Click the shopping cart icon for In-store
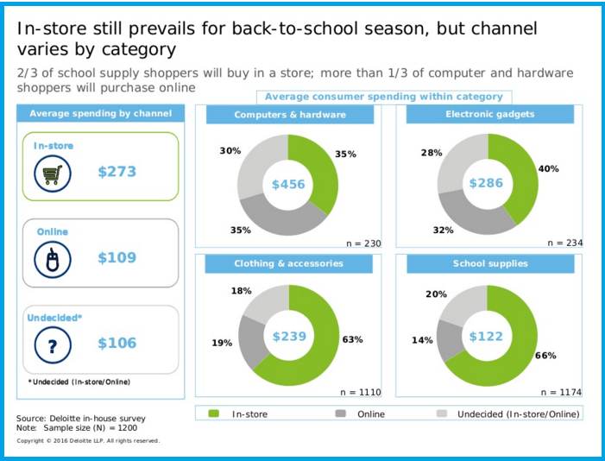pyautogui.click(x=51, y=174)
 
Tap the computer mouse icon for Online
pyautogui.click(x=51, y=259)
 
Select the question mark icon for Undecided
pyautogui.click(x=51, y=344)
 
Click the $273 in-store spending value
pyautogui.click(x=117, y=172)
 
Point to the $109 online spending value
pyautogui.click(x=117, y=257)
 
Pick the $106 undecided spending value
pyautogui.click(x=117, y=343)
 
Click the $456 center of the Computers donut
pyautogui.click(x=288, y=185)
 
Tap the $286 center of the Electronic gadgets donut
pyautogui.click(x=486, y=184)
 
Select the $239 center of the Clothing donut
pyautogui.click(x=289, y=336)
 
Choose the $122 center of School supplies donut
pyautogui.click(x=486, y=336)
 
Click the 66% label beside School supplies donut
pyautogui.click(x=545, y=355)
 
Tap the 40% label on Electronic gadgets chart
pyautogui.click(x=548, y=169)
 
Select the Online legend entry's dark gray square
pyautogui.click(x=340, y=414)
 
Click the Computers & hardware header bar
pyautogui.click(x=289, y=115)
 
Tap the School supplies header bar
pyautogui.click(x=489, y=264)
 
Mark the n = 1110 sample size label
pyautogui.click(x=360, y=393)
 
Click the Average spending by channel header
pyautogui.click(x=101, y=114)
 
